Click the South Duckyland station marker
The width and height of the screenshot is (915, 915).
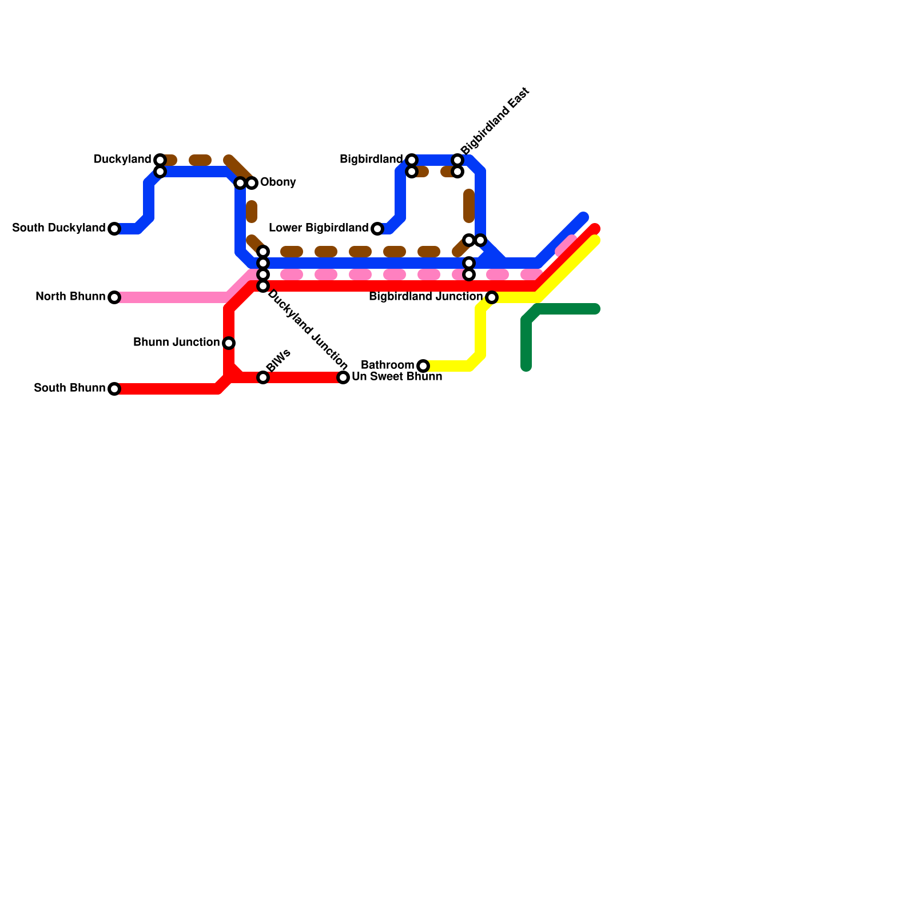(x=114, y=229)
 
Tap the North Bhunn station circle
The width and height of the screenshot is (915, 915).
(x=114, y=297)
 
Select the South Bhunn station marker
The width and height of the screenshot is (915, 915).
(x=114, y=389)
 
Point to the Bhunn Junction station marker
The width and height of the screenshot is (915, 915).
(x=229, y=343)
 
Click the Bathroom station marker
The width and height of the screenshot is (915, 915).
(x=423, y=366)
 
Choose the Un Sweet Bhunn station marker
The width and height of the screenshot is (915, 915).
(x=343, y=377)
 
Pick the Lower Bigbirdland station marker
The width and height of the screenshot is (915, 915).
(x=377, y=229)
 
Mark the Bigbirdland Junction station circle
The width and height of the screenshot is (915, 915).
(x=492, y=297)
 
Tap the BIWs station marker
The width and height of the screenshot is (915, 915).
(x=263, y=377)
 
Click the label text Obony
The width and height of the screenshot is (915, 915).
(x=278, y=182)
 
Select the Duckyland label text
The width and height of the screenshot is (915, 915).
(x=122, y=160)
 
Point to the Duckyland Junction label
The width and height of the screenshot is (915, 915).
(x=308, y=329)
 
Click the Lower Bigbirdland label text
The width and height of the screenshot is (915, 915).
(x=319, y=228)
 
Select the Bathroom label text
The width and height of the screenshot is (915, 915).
(x=388, y=365)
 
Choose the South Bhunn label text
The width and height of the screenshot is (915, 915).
(x=69, y=388)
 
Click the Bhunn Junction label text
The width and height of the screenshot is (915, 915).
(x=176, y=343)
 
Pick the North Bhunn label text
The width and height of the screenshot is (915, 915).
(x=70, y=297)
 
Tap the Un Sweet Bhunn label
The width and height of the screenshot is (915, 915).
(x=397, y=377)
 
